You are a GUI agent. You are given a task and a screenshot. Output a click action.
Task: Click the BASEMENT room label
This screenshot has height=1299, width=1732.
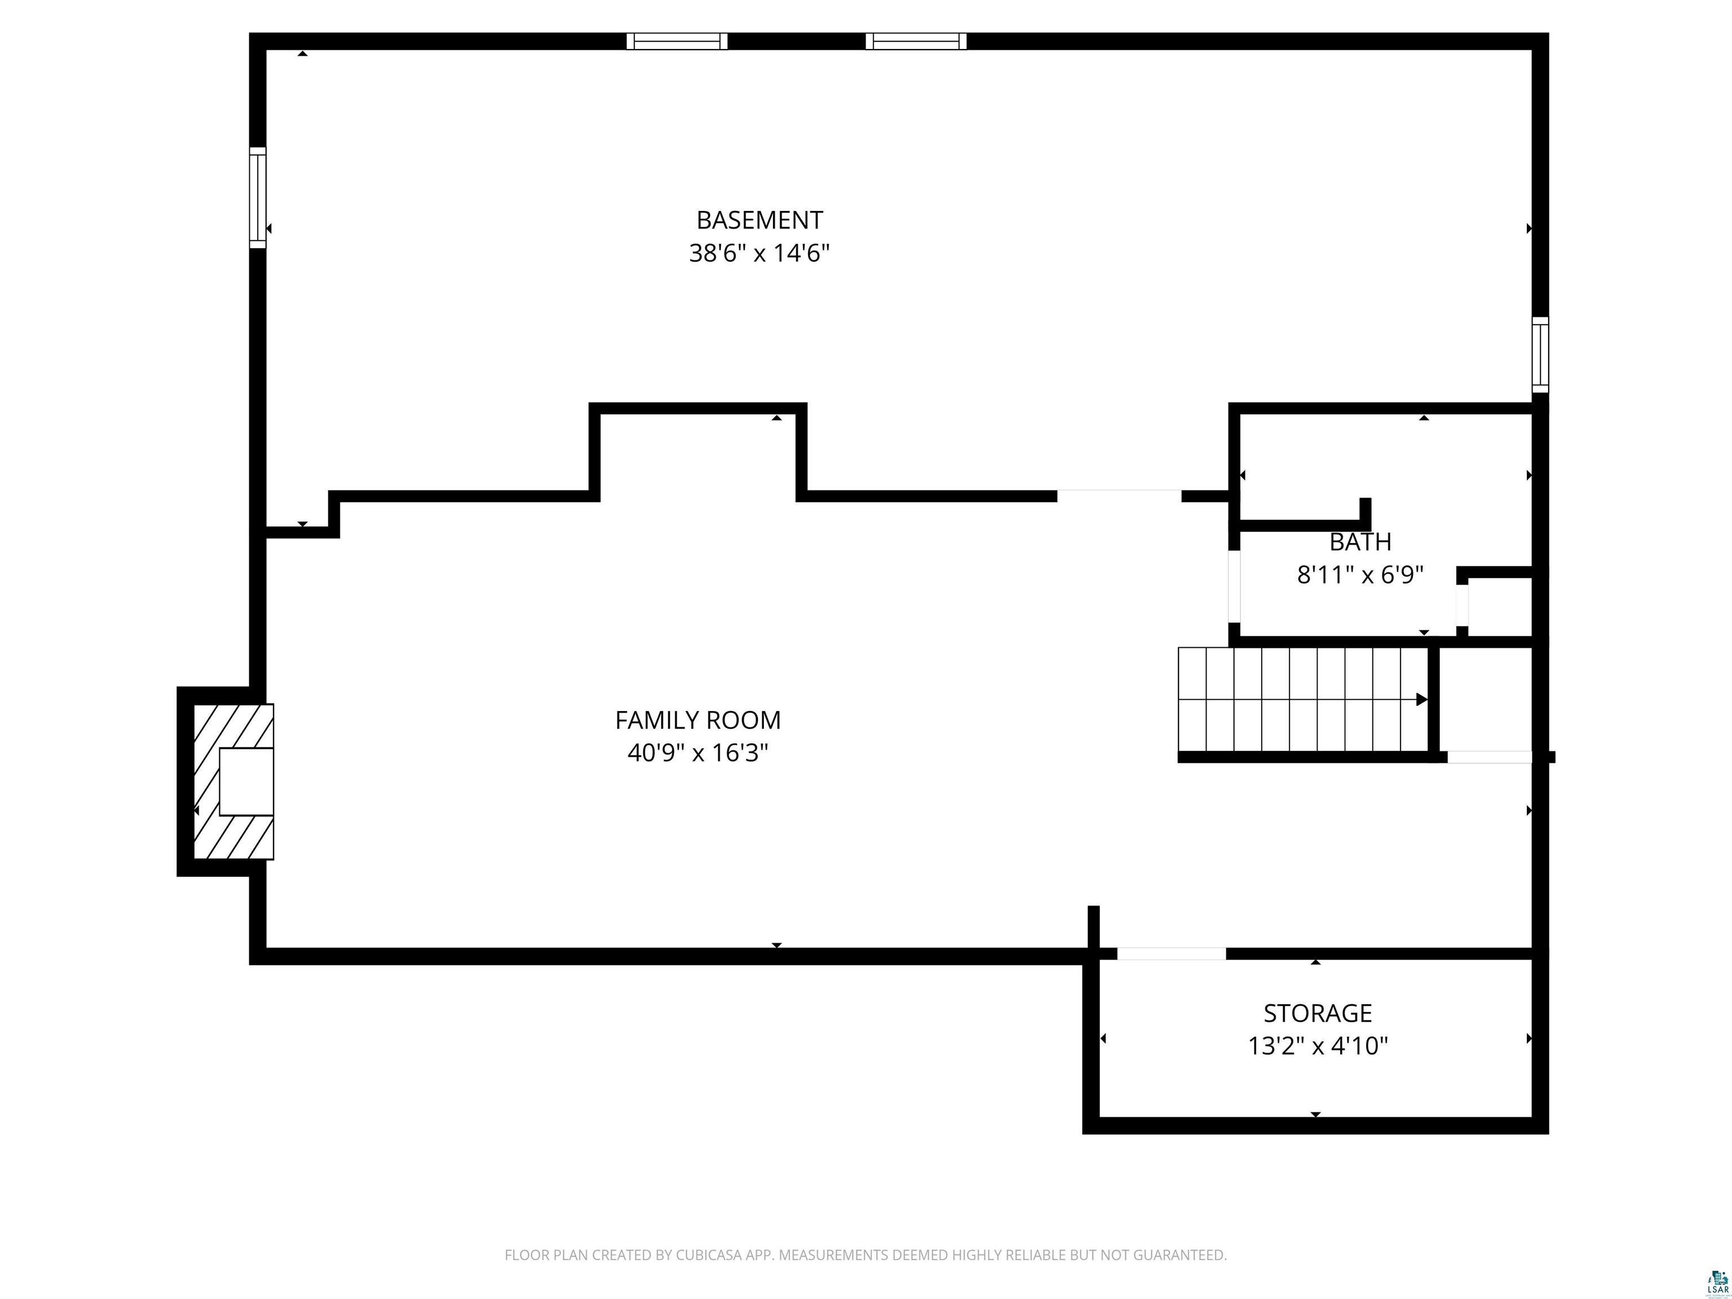click(x=759, y=220)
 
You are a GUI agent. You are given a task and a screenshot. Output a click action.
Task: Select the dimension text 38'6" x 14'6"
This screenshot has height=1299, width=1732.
click(x=759, y=253)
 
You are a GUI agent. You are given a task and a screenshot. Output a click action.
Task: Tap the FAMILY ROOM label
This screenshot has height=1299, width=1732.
click(x=697, y=719)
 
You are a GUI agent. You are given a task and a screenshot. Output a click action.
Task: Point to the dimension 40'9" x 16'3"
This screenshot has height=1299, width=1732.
click(x=697, y=753)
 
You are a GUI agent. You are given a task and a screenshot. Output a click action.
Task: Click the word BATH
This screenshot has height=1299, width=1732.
click(x=1360, y=542)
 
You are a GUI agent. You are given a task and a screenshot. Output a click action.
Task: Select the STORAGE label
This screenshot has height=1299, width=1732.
click(x=1318, y=1013)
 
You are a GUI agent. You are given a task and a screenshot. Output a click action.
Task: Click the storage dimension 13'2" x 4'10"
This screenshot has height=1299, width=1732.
click(x=1318, y=1046)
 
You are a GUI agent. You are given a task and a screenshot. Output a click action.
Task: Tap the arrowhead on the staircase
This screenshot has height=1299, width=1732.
click(x=1422, y=699)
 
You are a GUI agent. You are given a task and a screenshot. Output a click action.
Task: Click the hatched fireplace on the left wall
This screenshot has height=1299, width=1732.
click(x=233, y=781)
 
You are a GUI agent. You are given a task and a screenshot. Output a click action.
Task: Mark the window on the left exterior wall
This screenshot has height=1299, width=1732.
click(x=258, y=197)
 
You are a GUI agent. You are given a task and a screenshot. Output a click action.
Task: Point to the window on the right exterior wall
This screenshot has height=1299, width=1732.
click(x=1540, y=355)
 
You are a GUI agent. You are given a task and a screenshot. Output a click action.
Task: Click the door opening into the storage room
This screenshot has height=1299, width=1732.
click(x=1172, y=954)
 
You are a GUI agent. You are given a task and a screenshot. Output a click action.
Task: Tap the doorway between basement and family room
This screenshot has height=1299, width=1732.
click(x=1119, y=496)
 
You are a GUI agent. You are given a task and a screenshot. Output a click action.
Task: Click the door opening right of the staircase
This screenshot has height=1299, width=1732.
click(x=1489, y=757)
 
